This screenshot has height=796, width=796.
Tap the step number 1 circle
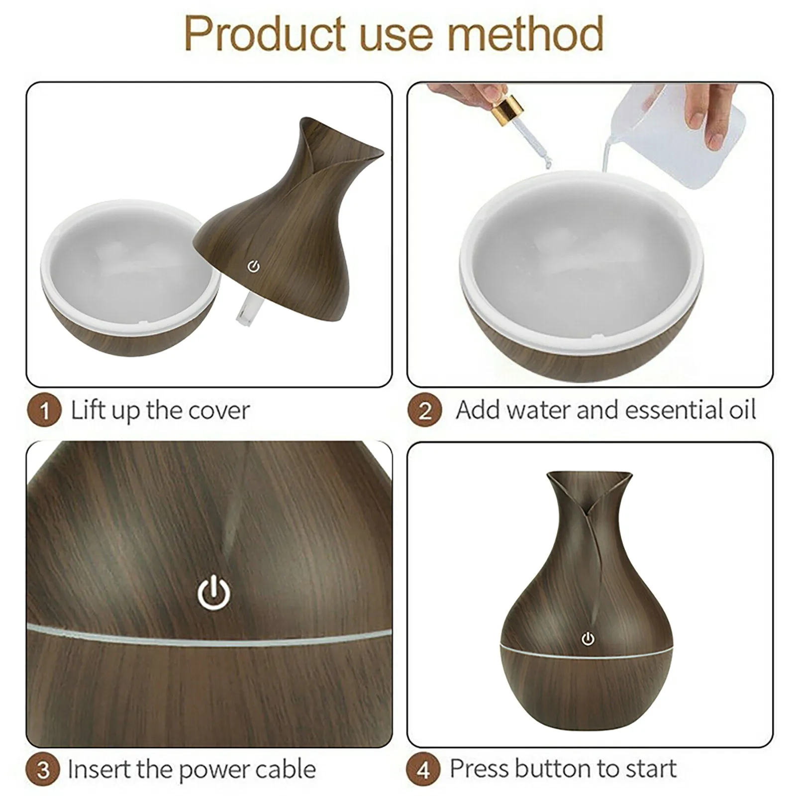pos(44,411)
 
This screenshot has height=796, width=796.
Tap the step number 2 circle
pos(425,411)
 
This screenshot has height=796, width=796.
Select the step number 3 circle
pos(44,770)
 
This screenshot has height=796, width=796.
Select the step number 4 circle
pos(423,770)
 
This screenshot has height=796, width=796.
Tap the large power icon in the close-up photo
pos(214,594)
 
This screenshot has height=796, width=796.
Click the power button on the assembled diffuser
pos(589,639)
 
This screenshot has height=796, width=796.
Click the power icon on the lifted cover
pos(254,267)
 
